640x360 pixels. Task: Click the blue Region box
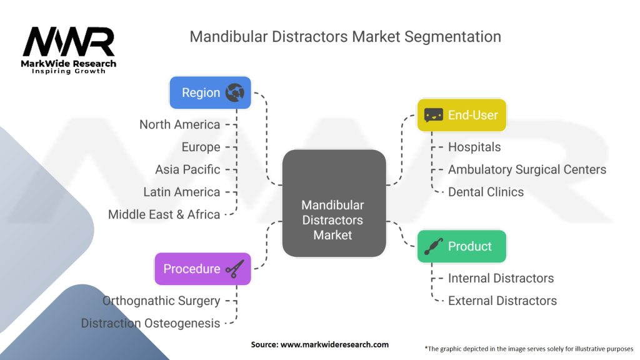tap(210, 92)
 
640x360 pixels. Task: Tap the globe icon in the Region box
tap(235, 92)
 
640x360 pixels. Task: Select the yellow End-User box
tap(462, 115)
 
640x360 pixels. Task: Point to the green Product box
tap(462, 246)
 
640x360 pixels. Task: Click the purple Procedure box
tap(203, 269)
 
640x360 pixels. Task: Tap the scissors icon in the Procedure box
tap(235, 269)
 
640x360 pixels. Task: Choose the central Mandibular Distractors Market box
tap(334, 203)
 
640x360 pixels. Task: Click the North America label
tap(179, 124)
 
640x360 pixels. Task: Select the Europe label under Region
tap(201, 147)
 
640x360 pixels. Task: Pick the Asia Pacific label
tap(187, 169)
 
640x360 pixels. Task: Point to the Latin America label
tap(182, 192)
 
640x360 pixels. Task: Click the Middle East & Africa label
tap(164, 214)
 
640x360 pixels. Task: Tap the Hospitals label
tap(474, 147)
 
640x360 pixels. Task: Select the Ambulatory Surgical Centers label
tap(527, 169)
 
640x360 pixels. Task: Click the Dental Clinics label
tap(486, 192)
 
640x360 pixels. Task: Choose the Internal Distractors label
tap(501, 278)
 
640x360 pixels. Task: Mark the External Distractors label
tap(502, 301)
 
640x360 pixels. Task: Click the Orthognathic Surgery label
tap(161, 301)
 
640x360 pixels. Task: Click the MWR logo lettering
tap(69, 42)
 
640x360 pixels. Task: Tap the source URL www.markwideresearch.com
tap(335, 344)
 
